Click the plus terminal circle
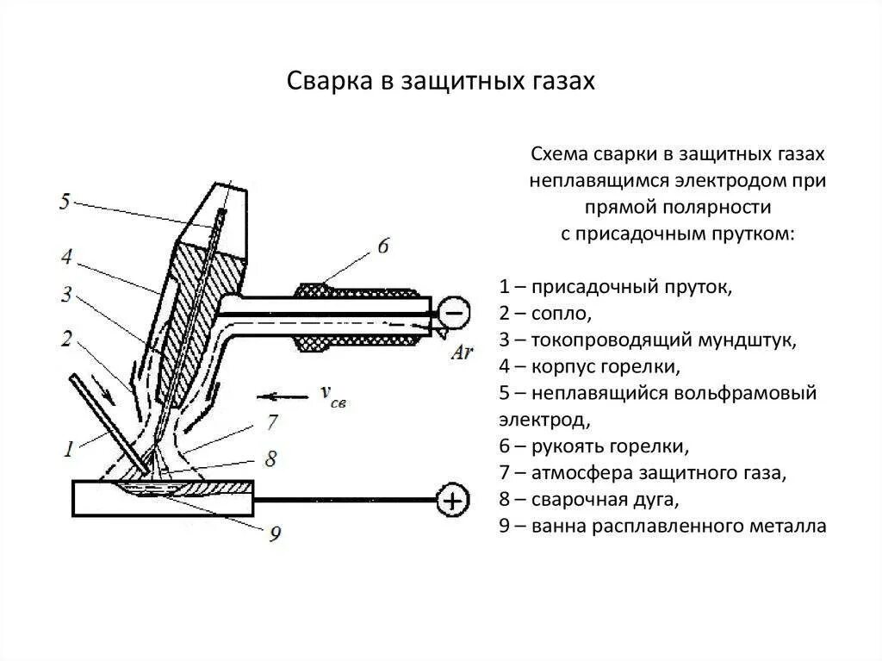453,499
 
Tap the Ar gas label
462,353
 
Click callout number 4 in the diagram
66,257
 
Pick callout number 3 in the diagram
66,295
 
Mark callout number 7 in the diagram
271,421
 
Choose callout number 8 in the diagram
270,458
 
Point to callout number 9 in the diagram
275,533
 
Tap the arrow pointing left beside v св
283,396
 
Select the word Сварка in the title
323,81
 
